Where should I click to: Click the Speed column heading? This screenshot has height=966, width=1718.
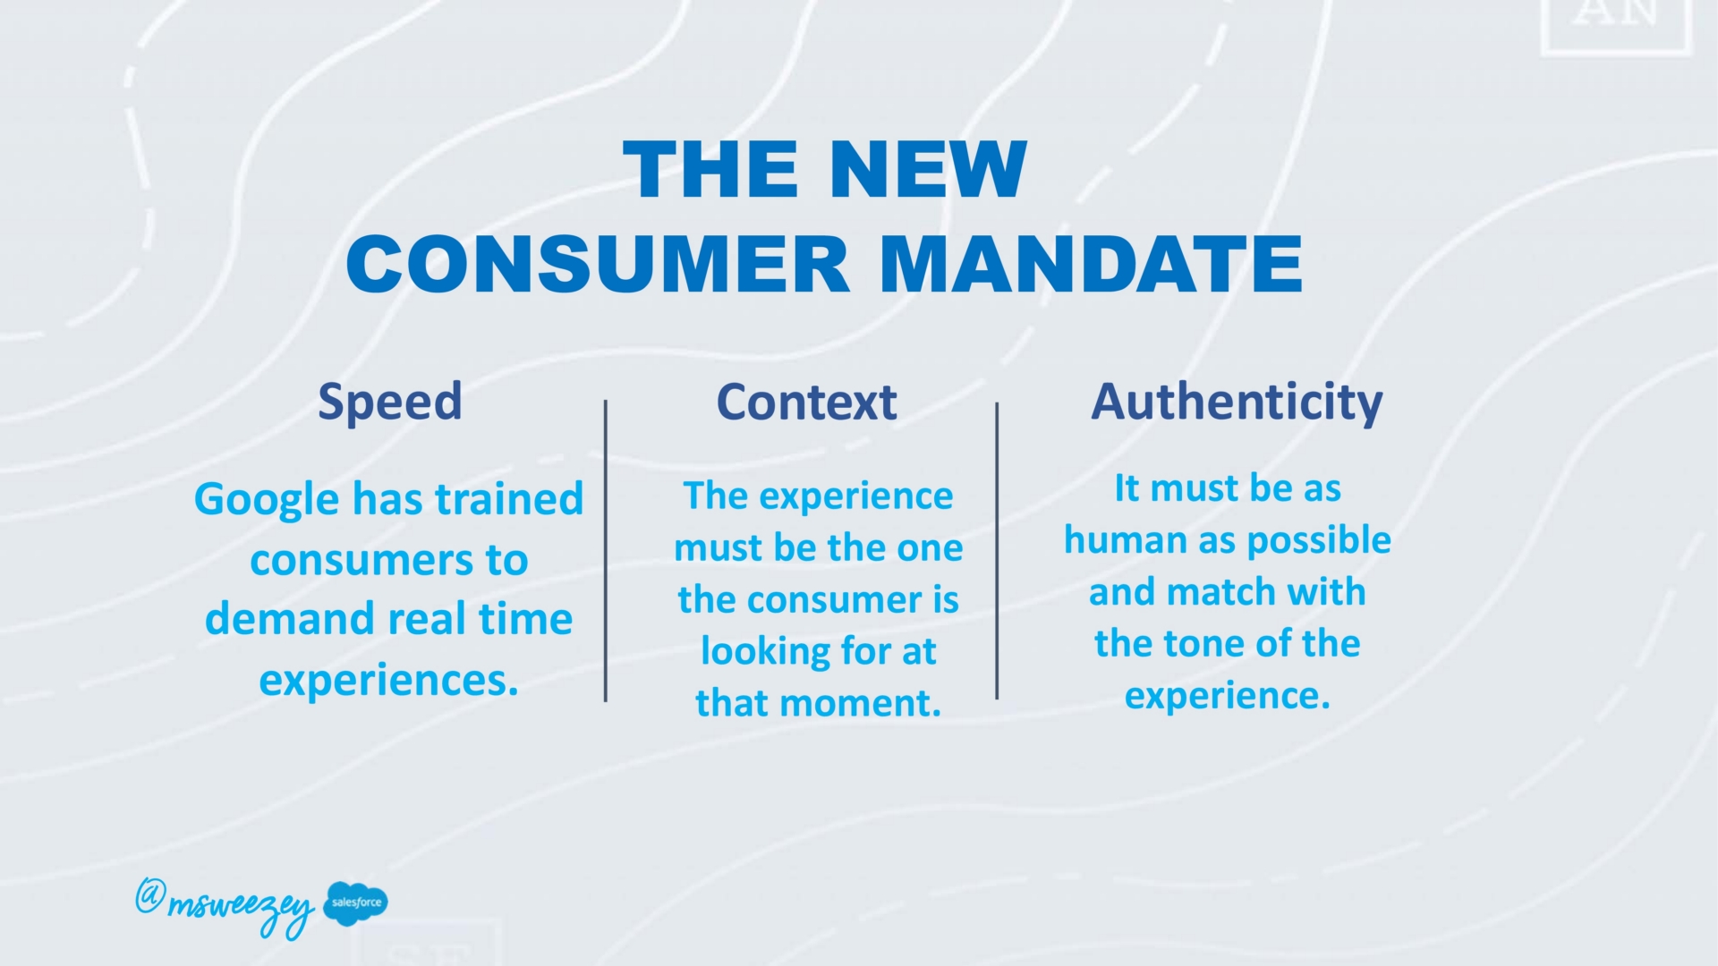(390, 402)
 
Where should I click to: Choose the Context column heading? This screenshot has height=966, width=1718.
(806, 402)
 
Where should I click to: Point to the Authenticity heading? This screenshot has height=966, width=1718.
(1237, 402)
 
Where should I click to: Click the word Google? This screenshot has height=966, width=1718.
(268, 501)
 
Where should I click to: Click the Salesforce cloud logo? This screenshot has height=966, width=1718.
(356, 902)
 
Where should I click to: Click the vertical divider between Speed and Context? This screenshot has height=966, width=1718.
(606, 551)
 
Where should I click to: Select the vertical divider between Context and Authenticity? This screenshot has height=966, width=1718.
(997, 551)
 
